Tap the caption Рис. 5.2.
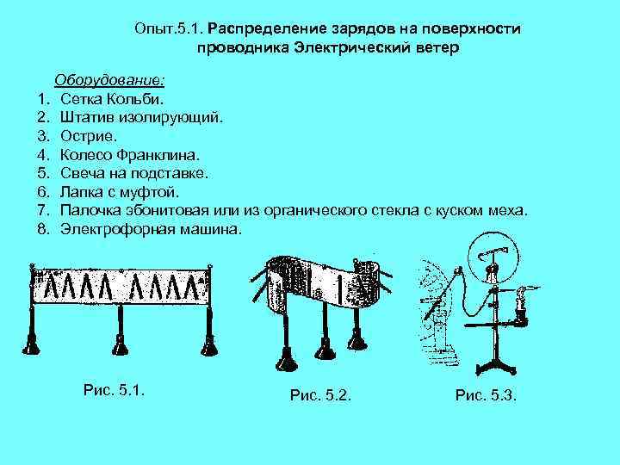point(320,395)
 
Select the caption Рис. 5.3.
point(486,395)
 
